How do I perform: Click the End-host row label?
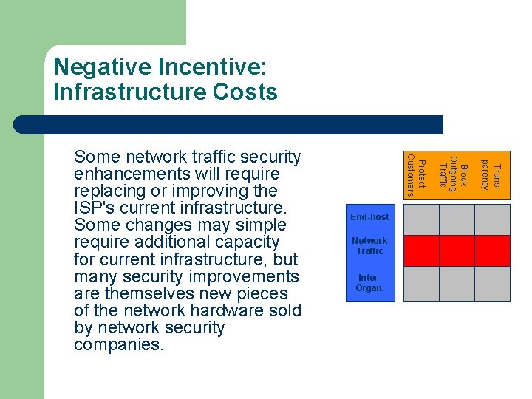369,217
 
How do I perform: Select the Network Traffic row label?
369,246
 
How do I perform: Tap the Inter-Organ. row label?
369,283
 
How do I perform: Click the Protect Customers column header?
417,177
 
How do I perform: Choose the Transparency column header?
491,176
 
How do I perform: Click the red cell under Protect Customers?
421,250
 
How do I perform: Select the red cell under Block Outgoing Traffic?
457,250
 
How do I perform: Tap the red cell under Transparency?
492,250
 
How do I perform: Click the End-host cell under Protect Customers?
421,219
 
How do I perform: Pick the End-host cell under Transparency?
492,219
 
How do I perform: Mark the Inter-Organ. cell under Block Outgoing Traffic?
457,283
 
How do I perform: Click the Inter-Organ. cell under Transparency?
492,283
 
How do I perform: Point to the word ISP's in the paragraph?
97,208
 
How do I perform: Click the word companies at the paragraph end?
118,345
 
